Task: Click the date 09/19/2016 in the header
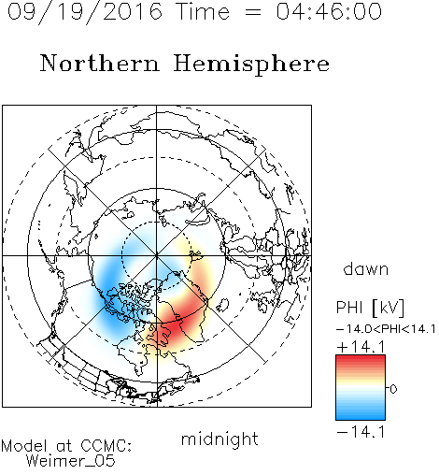click(x=85, y=12)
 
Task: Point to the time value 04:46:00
click(x=329, y=11)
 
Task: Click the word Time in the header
click(x=203, y=11)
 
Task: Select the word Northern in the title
click(x=100, y=63)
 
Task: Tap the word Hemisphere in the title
click(x=251, y=65)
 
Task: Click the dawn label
click(x=366, y=268)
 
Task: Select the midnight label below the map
click(x=219, y=439)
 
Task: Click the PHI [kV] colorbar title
click(x=370, y=308)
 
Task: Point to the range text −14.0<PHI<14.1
click(x=386, y=329)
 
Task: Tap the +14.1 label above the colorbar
click(x=361, y=347)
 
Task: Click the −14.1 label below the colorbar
click(x=361, y=432)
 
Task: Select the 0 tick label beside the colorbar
click(x=393, y=389)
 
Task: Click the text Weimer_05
click(x=71, y=461)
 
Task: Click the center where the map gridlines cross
click(x=157, y=256)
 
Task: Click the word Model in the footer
click(x=24, y=446)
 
